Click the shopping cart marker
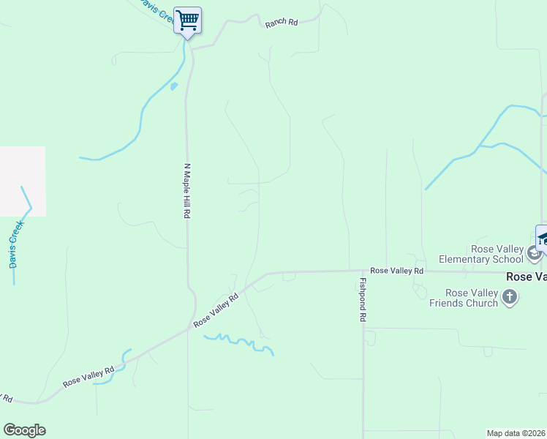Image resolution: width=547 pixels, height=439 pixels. coord(188,20)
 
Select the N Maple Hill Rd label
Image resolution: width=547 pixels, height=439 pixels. coord(187,191)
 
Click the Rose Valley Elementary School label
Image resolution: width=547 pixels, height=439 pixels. coord(480,254)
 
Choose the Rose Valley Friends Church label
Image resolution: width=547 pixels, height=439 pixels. coord(464,298)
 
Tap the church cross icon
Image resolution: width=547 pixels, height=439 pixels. coord(510,296)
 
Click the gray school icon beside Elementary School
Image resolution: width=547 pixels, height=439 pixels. coord(535,255)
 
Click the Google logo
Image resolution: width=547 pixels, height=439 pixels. coord(24,430)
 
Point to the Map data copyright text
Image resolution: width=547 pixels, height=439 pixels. coord(516,432)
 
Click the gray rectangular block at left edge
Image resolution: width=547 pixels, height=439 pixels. coord(22,181)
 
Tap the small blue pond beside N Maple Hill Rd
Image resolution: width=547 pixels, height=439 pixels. coord(174,86)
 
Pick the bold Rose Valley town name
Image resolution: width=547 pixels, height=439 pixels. coord(527,277)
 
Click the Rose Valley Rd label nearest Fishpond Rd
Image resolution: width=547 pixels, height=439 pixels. coord(396,271)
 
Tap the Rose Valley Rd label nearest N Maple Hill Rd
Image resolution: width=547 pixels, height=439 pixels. coord(216,310)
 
